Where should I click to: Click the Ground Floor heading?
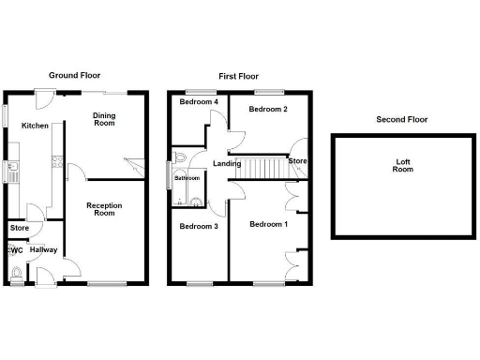coord(74,75)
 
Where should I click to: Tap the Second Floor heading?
coord(401,119)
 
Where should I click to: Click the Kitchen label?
coord(36,126)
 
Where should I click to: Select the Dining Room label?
coord(103,119)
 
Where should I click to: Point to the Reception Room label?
coord(103,208)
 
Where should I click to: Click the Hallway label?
coord(43,250)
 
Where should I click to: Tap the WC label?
coord(14,250)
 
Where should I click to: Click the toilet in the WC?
coord(17,273)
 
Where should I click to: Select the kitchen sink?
coord(15,171)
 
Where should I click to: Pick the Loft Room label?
coord(402,166)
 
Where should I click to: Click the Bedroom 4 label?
coord(199,101)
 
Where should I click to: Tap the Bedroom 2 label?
coord(266,109)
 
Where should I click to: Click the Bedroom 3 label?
coord(199,227)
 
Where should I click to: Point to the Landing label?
coord(227,164)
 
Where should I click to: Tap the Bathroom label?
coord(187,178)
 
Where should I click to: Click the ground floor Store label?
coord(19,228)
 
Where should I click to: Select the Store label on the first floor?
coord(297,161)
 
